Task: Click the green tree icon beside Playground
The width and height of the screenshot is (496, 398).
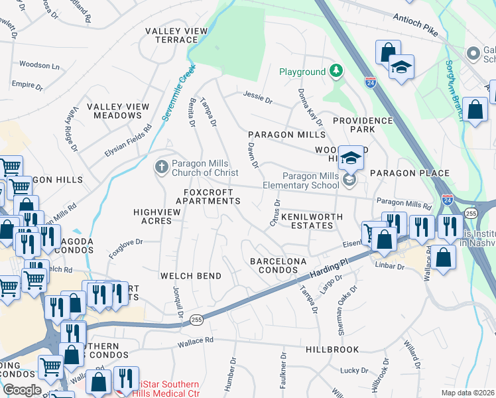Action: coord(337,71)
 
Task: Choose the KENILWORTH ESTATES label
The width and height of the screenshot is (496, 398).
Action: coord(312,221)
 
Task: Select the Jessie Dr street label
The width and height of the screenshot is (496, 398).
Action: coord(258,98)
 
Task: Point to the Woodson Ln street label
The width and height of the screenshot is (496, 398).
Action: coord(39,66)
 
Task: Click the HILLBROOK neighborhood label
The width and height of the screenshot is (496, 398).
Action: coord(332,349)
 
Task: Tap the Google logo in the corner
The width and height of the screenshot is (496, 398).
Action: coord(23,390)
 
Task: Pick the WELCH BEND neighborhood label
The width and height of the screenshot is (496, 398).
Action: coord(190,275)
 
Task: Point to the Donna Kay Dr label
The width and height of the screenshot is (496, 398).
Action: coord(310,107)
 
